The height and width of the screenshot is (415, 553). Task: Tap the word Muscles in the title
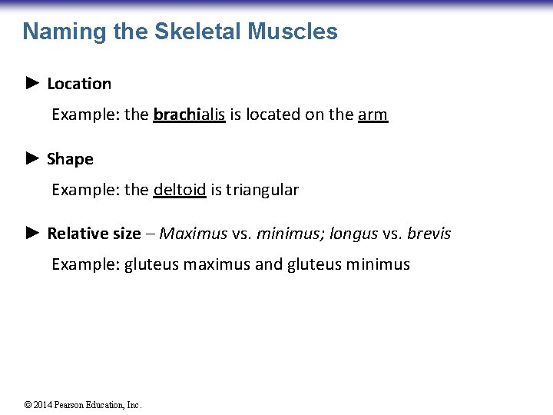pos(293,32)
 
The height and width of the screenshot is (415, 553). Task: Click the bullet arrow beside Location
pos(31,83)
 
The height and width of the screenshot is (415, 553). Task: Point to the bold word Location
pos(79,84)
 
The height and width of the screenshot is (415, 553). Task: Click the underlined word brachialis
pos(189,115)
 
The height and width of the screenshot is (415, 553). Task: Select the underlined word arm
pos(373,115)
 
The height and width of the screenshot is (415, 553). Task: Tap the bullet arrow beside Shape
pos(31,158)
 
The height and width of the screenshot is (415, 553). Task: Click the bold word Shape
pos(70,159)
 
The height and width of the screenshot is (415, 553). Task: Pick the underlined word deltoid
pos(180,189)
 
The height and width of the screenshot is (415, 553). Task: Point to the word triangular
pos(261,189)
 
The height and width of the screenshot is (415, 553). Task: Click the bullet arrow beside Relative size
pos(31,233)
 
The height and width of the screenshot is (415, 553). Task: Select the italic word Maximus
pos(194,234)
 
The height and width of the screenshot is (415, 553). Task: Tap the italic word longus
pos(353,234)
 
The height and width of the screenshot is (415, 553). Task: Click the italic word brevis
pos(429,234)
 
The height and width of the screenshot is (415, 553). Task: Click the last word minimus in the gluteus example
pos(378,264)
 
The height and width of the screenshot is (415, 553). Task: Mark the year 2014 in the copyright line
pos(44,405)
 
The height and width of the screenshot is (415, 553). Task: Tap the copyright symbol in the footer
pos(28,405)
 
